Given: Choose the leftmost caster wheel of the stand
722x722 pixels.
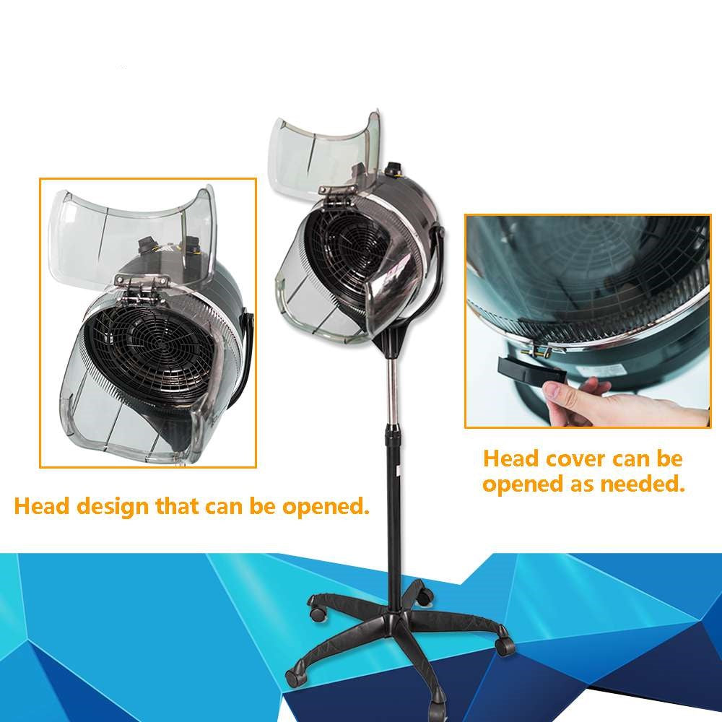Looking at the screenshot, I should (292, 677).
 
